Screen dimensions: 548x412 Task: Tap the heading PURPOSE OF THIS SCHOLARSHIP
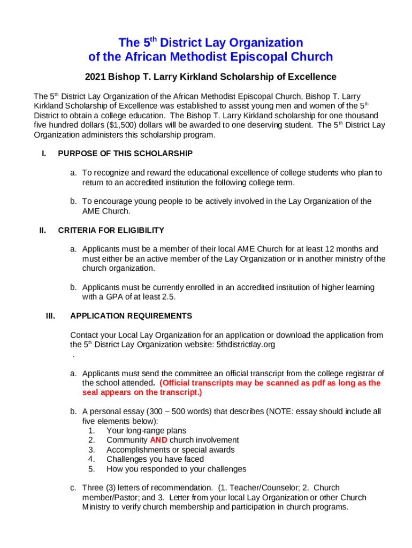pos(125,154)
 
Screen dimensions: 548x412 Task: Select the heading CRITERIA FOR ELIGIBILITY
pos(111,230)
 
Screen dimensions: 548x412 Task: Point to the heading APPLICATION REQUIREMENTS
pos(131,316)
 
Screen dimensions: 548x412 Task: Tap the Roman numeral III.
pos(51,316)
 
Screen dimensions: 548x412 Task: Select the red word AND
pos(158,440)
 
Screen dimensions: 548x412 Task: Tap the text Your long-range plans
pos(146,430)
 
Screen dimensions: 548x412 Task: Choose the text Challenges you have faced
pos(155,459)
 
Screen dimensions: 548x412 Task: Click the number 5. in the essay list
pos(91,469)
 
